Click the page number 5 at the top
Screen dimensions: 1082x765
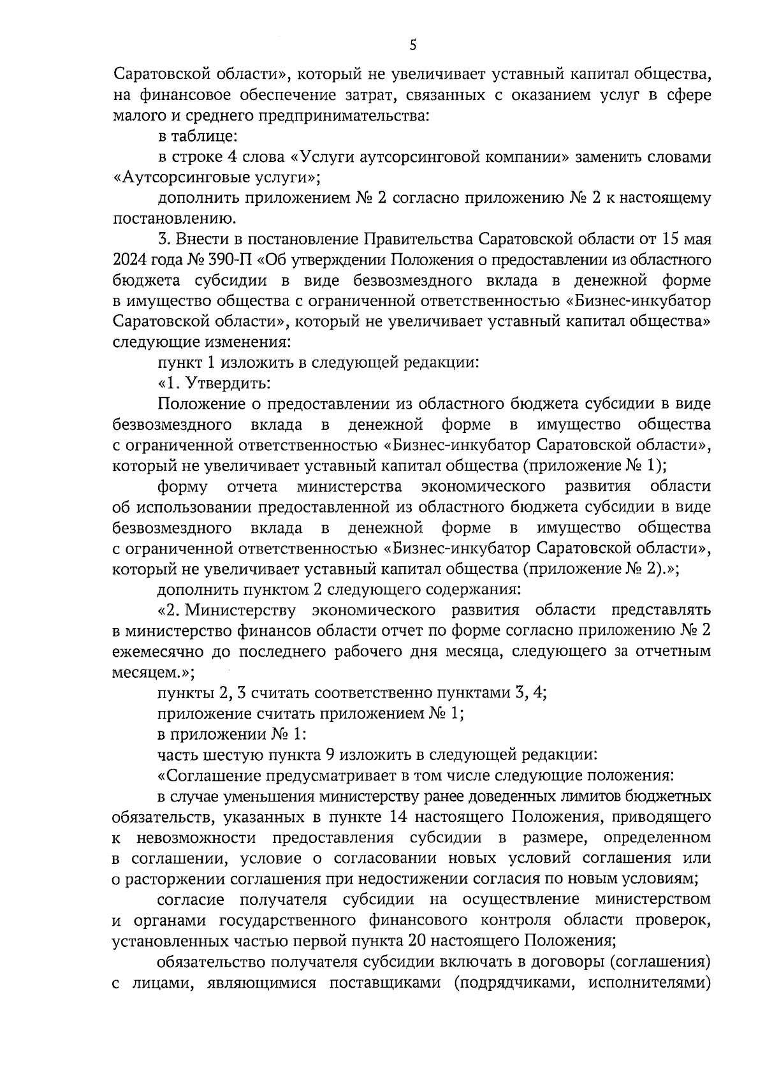pos(412,45)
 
